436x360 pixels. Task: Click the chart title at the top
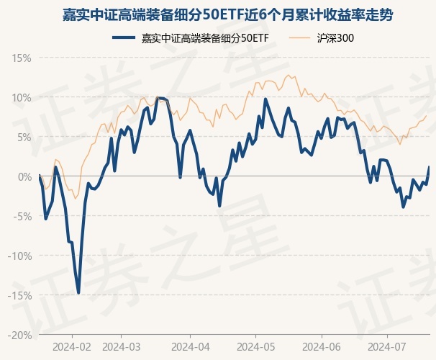tap(218, 15)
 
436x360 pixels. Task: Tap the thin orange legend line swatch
tap(303, 37)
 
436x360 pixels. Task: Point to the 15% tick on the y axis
tap(22, 58)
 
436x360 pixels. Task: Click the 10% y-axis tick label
tap(22, 97)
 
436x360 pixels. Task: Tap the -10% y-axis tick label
tap(20, 256)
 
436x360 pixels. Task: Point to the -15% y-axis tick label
tap(20, 295)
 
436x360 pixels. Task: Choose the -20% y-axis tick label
tap(20, 335)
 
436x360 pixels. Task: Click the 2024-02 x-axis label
tap(73, 346)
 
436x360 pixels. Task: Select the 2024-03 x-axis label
tap(122, 346)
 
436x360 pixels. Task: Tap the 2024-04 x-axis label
tap(190, 346)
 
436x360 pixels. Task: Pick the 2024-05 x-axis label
tap(256, 346)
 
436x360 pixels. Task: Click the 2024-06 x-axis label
tap(321, 346)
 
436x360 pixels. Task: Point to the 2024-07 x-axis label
tap(386, 346)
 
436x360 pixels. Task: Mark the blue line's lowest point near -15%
tap(78, 292)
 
